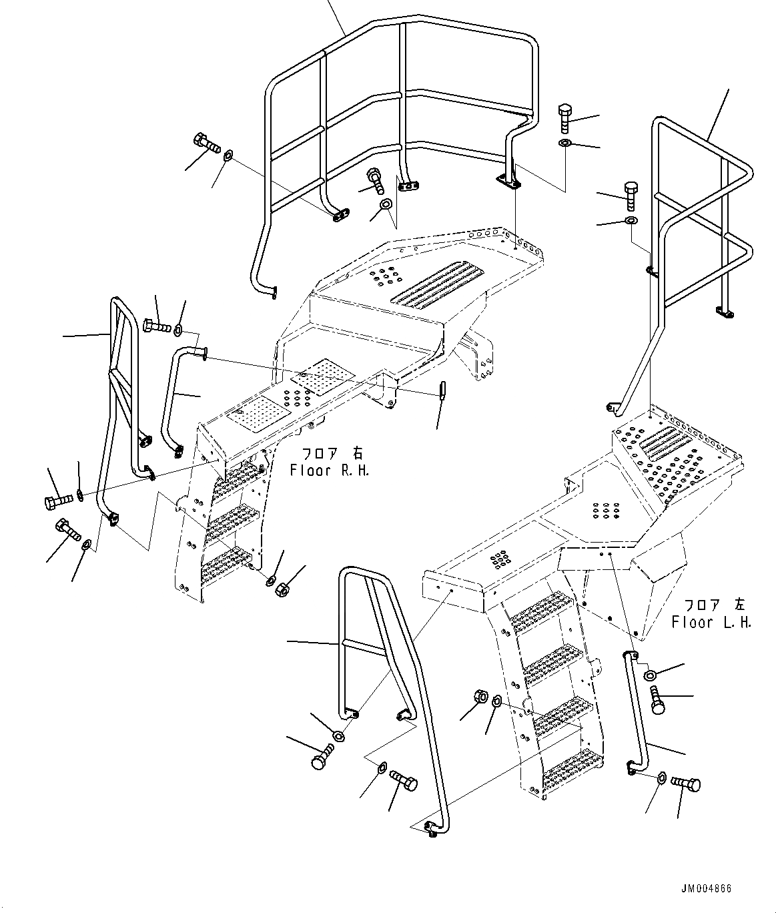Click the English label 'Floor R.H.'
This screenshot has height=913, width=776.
point(329,470)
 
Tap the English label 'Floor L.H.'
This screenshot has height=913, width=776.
point(711,623)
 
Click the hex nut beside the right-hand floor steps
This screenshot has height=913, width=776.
point(282,589)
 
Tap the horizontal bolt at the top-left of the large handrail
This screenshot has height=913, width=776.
point(207,143)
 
